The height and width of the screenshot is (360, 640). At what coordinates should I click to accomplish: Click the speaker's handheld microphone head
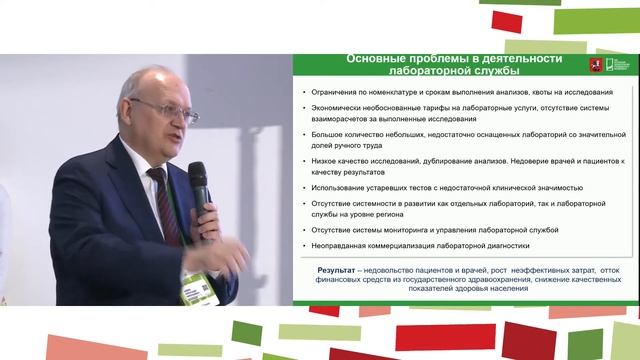point(198,178)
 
